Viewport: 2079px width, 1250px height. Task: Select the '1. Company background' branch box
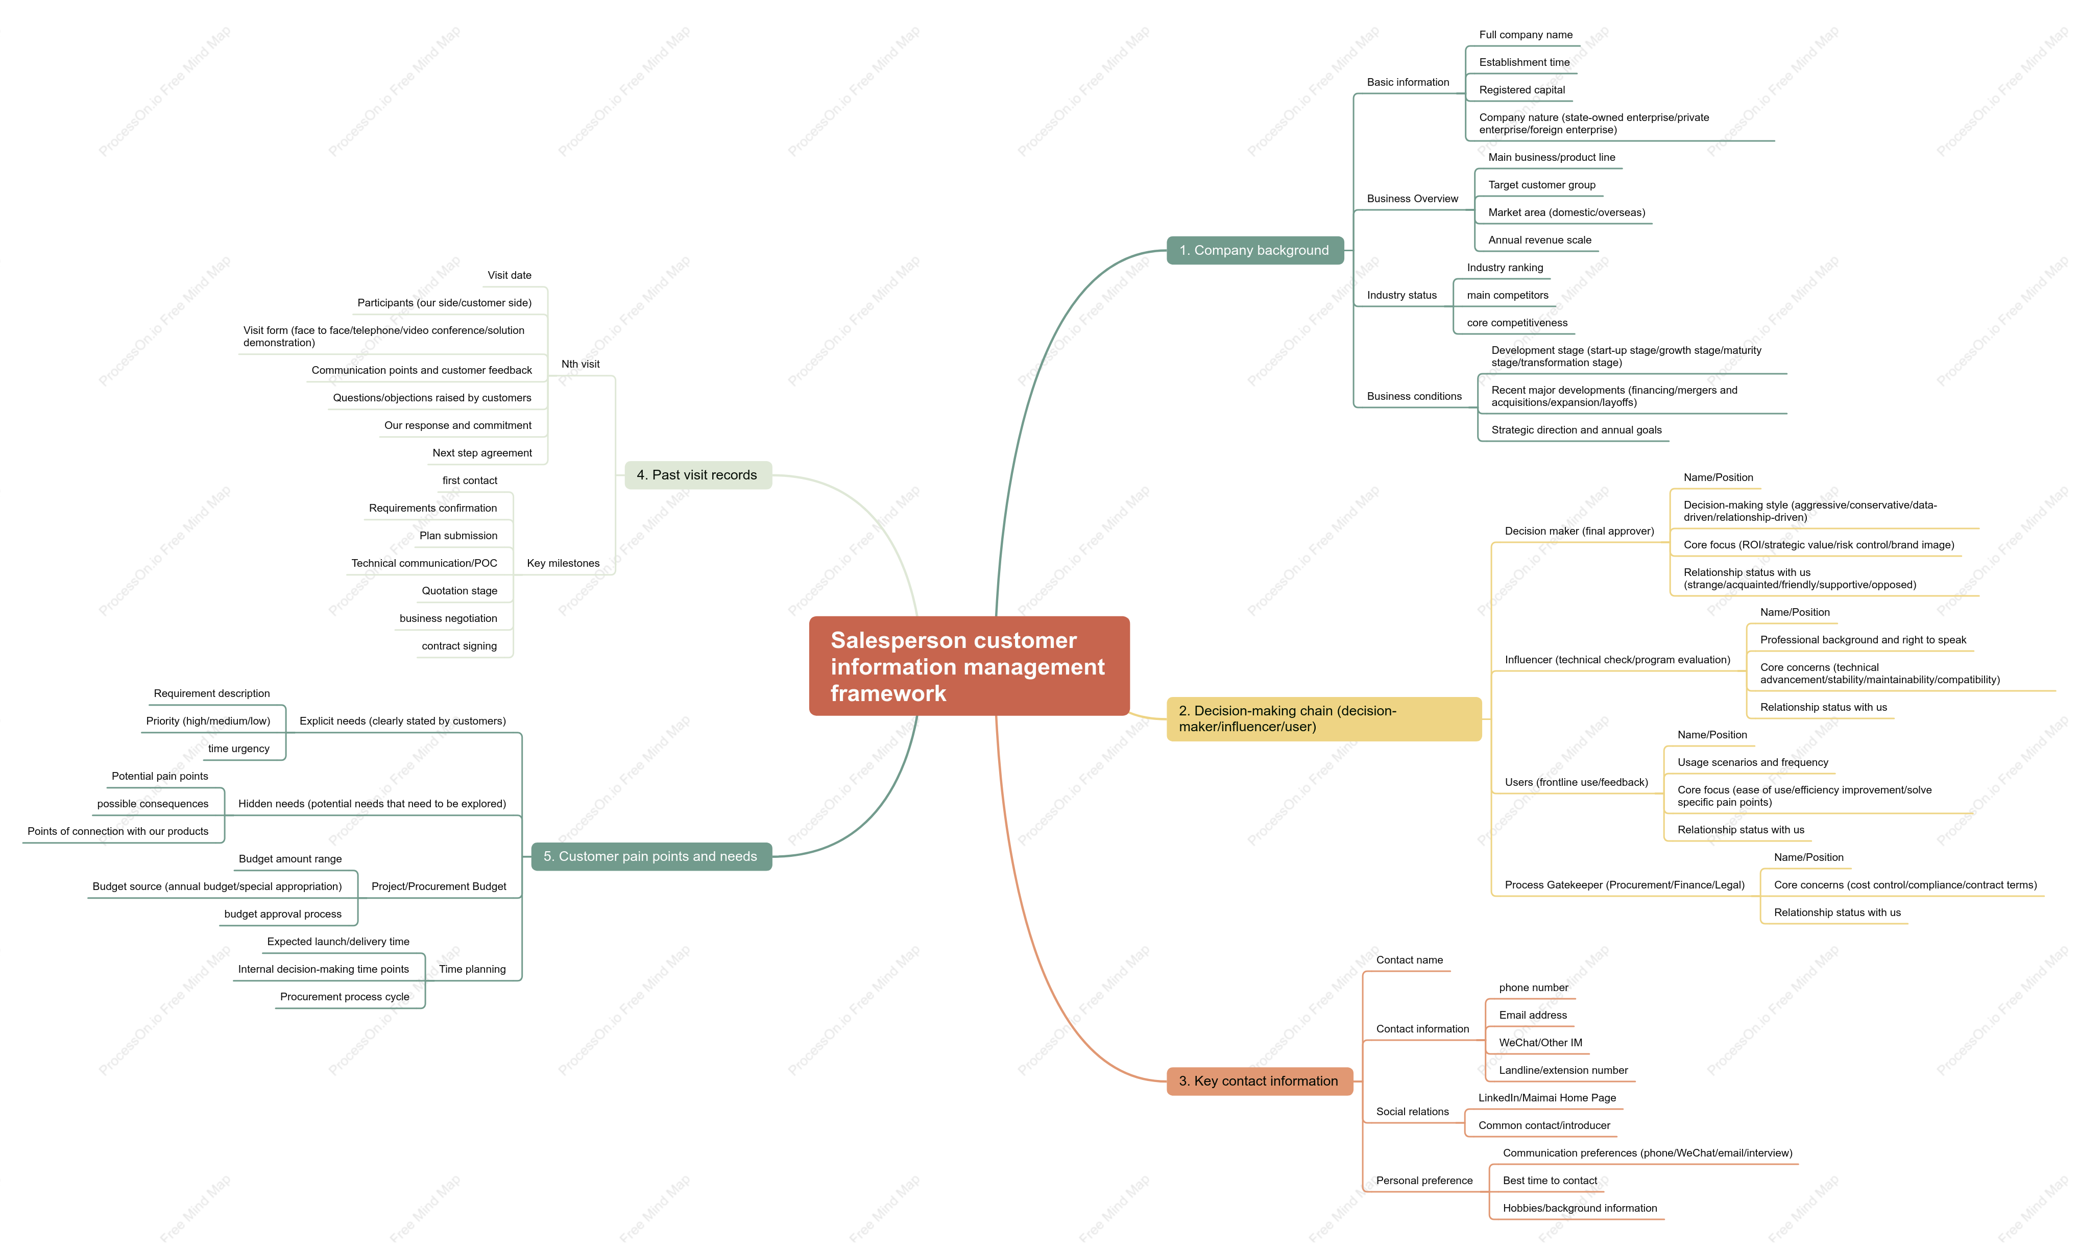click(1254, 250)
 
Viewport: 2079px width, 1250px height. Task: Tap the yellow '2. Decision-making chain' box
click(1324, 718)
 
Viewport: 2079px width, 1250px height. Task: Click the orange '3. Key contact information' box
click(1259, 1080)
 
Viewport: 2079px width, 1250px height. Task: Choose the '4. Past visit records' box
click(697, 475)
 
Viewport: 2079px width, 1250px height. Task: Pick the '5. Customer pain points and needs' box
click(651, 857)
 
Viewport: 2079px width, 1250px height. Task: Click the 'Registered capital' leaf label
click(1521, 90)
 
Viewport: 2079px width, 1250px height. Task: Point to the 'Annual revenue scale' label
click(1539, 240)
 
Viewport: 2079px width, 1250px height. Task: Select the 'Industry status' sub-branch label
click(1401, 295)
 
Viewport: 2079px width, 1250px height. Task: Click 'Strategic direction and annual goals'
click(1576, 429)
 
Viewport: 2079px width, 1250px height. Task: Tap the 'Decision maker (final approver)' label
click(1579, 531)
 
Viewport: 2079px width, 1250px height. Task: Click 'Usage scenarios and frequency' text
click(1752, 762)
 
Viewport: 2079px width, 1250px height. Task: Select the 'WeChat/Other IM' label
click(1540, 1043)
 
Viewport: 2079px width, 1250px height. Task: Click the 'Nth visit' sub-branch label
click(580, 364)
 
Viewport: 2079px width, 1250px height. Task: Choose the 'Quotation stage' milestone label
click(460, 590)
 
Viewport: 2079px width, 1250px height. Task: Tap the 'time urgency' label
click(239, 749)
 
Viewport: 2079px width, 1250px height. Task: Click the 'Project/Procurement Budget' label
click(439, 886)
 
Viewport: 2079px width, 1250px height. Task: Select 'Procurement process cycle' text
click(345, 996)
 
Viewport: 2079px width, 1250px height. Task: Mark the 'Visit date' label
click(510, 275)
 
